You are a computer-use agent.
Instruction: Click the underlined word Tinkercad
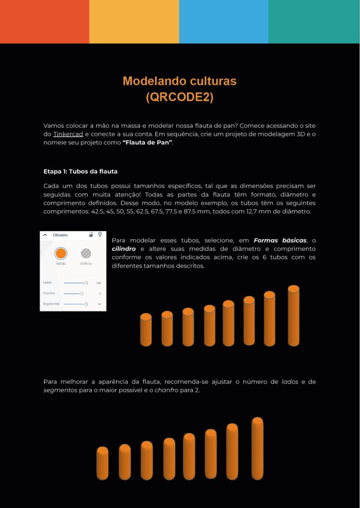point(68,134)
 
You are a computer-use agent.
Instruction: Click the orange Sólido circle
point(61,253)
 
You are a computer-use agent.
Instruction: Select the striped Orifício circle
point(86,253)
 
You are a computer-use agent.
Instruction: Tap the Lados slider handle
point(86,283)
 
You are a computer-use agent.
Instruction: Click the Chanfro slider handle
point(81,294)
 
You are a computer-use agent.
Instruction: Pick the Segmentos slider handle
point(86,304)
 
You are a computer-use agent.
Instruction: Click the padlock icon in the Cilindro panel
point(91,235)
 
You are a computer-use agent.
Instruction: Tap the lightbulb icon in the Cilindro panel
point(100,235)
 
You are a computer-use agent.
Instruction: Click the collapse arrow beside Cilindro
point(45,235)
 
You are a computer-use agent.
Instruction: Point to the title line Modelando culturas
point(179,81)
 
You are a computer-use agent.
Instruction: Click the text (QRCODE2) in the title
point(179,97)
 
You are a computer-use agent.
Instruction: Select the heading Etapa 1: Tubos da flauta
point(80,172)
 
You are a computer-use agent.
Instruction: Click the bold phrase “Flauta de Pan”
point(147,143)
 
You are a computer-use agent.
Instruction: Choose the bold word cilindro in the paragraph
point(124,249)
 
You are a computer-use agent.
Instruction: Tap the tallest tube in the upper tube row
point(293,316)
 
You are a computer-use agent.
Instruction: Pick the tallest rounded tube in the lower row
point(257,448)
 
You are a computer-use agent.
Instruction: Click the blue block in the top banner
point(223,21)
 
